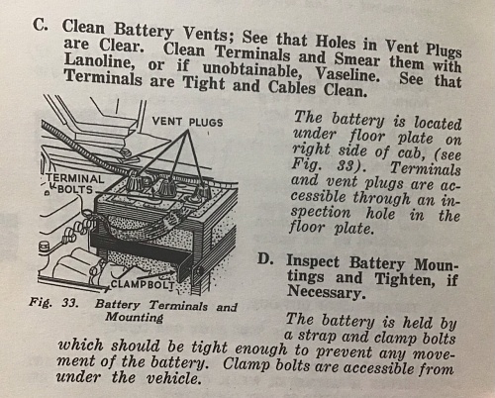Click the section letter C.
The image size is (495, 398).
[40, 25]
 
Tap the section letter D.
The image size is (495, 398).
[265, 259]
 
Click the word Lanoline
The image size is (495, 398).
[100, 61]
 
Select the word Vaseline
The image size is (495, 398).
[346, 75]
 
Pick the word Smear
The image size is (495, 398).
[356, 59]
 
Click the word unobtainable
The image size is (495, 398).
[252, 69]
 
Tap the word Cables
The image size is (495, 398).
[292, 87]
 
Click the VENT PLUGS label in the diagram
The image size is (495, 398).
[187, 122]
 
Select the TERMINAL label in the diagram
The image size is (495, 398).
[75, 178]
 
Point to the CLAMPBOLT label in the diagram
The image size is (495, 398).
[143, 284]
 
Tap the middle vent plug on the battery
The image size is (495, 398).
[166, 186]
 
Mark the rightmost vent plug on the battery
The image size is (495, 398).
[201, 191]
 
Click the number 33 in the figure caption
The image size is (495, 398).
[70, 303]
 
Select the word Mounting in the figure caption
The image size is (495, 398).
[135, 318]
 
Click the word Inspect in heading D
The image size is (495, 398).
[313, 261]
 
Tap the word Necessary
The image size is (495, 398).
[327, 292]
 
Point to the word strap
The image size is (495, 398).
[318, 336]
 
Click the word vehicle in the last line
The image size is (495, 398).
[173, 378]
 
